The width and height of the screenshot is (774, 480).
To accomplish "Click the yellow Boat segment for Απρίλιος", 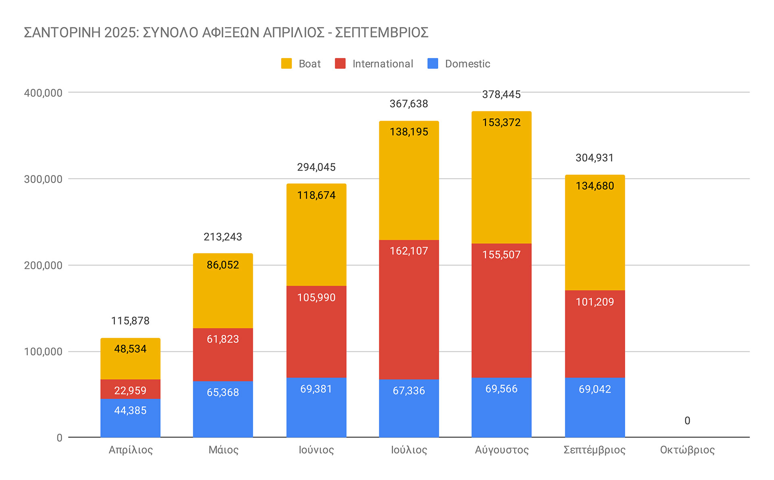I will [130, 359].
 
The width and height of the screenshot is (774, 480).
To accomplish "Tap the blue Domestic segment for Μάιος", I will [223, 409].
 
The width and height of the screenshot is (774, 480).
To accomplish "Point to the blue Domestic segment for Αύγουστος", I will [501, 407].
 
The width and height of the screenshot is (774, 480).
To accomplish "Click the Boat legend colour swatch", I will [286, 64].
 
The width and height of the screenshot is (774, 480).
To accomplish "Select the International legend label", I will [383, 64].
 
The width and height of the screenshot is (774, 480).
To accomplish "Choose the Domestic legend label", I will [467, 64].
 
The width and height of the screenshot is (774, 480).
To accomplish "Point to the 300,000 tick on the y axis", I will [43, 179].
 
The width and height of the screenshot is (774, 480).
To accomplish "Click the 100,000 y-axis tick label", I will [43, 352].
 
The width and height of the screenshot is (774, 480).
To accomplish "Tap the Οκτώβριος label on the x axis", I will [687, 450].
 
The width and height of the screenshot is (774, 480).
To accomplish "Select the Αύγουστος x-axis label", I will [501, 450].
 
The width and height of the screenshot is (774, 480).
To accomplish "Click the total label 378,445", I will [501, 94].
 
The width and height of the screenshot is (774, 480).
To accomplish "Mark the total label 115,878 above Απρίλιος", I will [130, 321].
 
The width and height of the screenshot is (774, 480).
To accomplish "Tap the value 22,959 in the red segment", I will [130, 390].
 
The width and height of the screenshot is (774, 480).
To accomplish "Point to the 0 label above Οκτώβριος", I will [687, 421].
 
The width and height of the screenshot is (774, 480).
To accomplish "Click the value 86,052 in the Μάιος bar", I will [223, 265].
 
